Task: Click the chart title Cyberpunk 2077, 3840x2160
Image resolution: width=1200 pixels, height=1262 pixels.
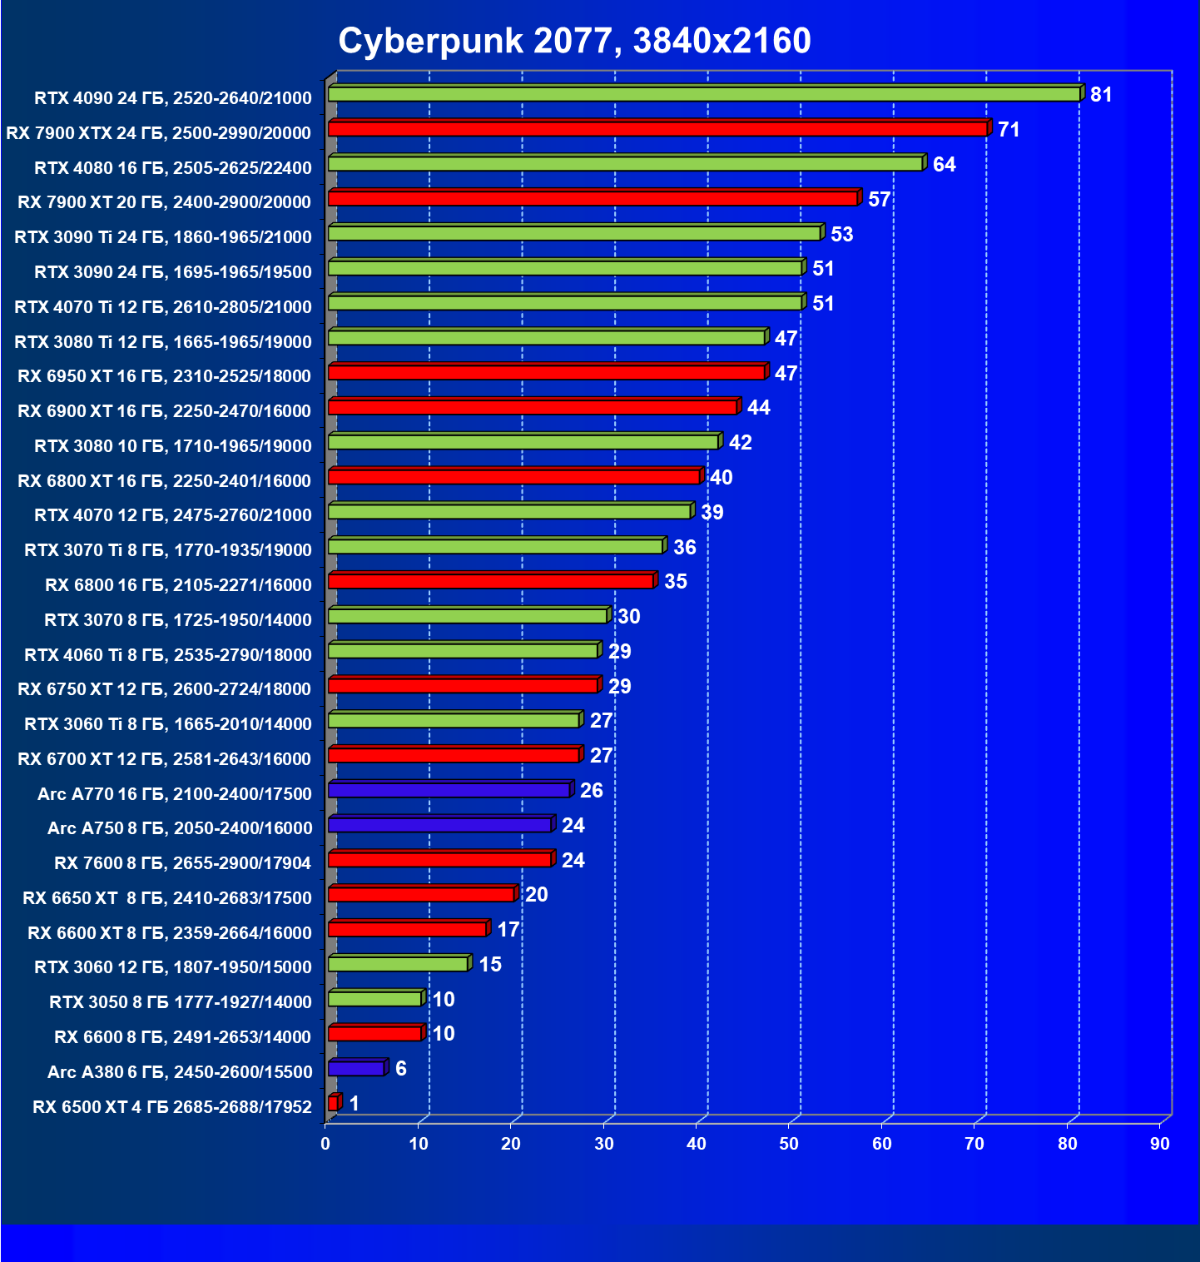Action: tap(574, 41)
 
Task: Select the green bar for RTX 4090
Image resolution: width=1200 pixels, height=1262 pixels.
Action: tap(704, 94)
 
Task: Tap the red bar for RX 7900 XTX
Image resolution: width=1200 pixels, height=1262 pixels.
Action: tap(657, 129)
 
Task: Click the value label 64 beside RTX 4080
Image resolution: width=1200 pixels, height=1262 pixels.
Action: tap(944, 165)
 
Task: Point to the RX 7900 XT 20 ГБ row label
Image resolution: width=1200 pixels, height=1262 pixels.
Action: tap(164, 202)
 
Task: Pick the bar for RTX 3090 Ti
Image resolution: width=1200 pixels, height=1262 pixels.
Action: tap(574, 234)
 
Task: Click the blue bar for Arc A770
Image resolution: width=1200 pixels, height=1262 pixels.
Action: tap(449, 790)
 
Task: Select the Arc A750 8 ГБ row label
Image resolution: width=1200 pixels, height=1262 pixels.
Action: tap(180, 828)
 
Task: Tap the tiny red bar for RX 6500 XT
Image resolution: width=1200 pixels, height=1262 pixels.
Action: tap(333, 1103)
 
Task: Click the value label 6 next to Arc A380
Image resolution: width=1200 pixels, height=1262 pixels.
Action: tap(401, 1069)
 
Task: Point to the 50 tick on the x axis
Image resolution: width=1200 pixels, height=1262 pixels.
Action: tap(789, 1144)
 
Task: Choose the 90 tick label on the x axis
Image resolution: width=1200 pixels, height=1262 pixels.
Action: tap(1160, 1144)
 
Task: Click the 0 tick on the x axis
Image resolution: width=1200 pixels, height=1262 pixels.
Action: tap(325, 1144)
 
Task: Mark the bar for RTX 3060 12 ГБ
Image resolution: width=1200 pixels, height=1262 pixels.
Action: tap(398, 964)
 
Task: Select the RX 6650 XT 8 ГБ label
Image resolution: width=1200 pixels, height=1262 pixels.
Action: tap(167, 898)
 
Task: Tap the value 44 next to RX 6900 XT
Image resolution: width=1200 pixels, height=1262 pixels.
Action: tap(758, 408)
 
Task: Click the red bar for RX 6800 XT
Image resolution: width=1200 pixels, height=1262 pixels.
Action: tap(513, 477)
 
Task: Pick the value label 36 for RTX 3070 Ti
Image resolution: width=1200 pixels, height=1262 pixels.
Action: tap(684, 548)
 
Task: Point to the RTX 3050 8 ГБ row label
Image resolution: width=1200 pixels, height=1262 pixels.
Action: tap(181, 1002)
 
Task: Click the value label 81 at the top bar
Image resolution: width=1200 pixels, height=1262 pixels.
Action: tap(1101, 95)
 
